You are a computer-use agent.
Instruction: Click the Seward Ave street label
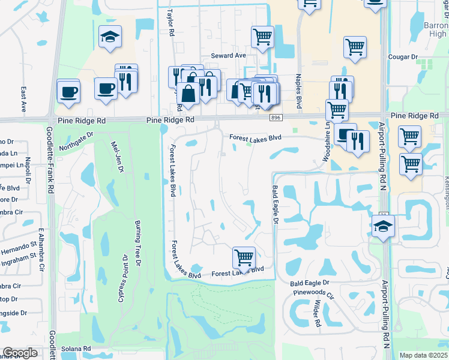tap(229, 56)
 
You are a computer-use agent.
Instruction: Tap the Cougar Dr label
tap(403, 57)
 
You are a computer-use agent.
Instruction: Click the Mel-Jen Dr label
tap(117, 157)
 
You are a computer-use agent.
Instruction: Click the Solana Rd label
tap(79, 349)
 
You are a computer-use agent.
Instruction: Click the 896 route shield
tap(276, 118)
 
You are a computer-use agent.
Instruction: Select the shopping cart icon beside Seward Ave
tap(263, 37)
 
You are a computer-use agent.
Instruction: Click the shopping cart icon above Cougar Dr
tap(355, 47)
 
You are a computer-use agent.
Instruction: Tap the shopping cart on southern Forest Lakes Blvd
tap(244, 257)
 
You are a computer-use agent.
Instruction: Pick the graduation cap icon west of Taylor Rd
tap(110, 36)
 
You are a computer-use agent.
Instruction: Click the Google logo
tap(20, 353)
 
